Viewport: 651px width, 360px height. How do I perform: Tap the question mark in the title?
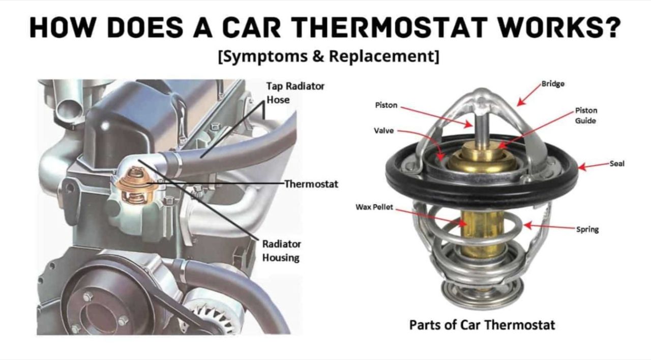tap(611, 27)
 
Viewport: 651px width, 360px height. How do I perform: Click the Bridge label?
tap(553, 84)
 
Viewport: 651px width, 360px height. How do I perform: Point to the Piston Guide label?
tap(586, 115)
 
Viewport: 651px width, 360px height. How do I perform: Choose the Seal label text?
tap(617, 164)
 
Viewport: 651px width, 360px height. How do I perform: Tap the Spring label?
tap(587, 229)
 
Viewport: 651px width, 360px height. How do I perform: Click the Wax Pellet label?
tap(374, 207)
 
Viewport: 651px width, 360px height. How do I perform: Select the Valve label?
tap(383, 131)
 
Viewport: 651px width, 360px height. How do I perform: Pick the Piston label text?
tap(386, 105)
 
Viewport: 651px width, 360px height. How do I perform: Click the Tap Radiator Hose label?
tap(295, 93)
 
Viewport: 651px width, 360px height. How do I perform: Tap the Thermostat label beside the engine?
tap(311, 184)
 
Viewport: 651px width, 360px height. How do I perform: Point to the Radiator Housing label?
tap(281, 251)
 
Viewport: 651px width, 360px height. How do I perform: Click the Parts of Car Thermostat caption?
tap(482, 325)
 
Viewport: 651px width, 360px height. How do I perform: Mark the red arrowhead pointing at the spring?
tap(528, 225)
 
